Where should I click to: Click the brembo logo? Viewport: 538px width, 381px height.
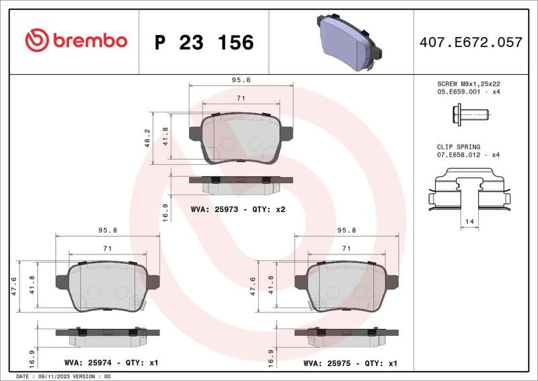(75, 41)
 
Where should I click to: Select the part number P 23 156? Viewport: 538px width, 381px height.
(204, 42)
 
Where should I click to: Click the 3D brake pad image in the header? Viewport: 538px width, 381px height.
(348, 40)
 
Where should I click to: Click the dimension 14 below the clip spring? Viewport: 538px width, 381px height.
(469, 221)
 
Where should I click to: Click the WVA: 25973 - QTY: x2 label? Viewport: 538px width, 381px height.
(238, 209)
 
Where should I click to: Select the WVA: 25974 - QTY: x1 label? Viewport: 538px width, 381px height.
(111, 363)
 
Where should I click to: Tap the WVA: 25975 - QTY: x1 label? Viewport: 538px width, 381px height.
(350, 363)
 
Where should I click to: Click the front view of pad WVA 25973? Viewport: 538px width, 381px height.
(241, 137)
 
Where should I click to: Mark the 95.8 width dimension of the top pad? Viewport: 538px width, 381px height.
(241, 79)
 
